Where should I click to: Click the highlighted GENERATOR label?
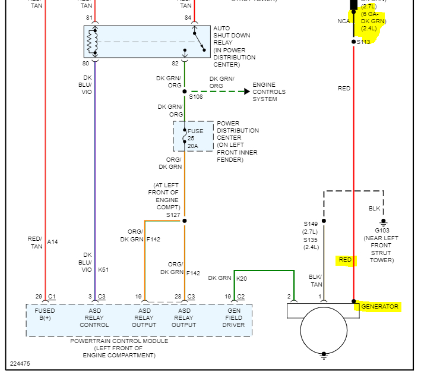point(380,307)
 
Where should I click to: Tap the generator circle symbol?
point(324,330)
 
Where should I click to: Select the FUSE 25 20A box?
point(194,136)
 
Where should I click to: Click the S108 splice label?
point(196,96)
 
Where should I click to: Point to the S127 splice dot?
point(184,221)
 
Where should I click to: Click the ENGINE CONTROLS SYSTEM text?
point(269,92)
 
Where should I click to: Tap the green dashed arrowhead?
point(246,92)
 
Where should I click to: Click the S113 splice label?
point(363,42)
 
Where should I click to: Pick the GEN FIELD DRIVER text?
point(235,317)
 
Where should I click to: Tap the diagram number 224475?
point(20,363)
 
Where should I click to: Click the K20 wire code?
point(241,278)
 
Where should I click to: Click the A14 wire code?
point(53,242)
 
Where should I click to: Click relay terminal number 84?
point(188,17)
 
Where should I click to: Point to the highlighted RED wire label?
point(345,260)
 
